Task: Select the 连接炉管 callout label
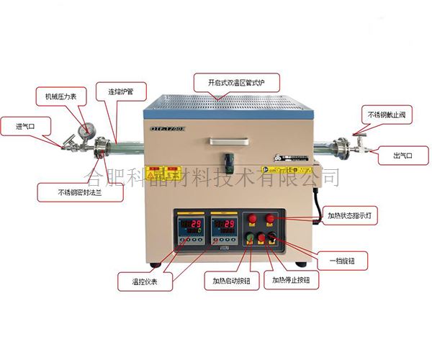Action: point(127,93)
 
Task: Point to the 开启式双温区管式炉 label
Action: point(233,81)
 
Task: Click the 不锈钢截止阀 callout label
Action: point(388,116)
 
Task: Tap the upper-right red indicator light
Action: point(272,217)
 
